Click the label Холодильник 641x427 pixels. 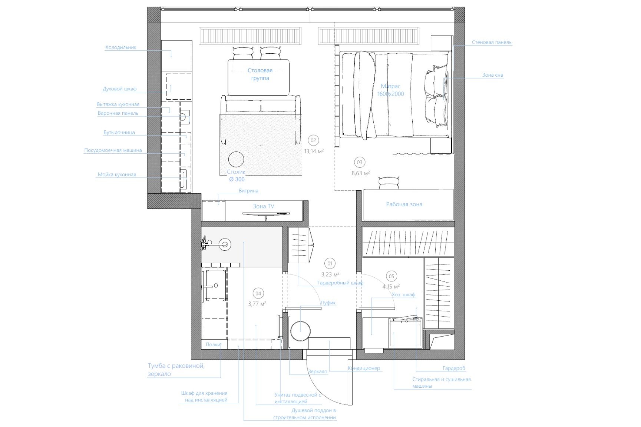point(120,47)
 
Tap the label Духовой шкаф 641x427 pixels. point(119,89)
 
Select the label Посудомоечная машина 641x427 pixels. point(113,150)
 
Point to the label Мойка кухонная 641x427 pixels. point(117,174)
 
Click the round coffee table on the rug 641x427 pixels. point(236,160)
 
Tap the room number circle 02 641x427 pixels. point(314,140)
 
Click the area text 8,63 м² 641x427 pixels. point(360,173)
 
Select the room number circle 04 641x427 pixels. point(258,294)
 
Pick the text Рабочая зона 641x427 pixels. point(404,204)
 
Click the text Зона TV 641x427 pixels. point(264,206)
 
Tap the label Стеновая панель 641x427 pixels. point(492,42)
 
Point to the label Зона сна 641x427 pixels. point(492,75)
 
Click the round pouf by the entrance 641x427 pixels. point(300,330)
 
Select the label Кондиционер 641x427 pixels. point(364,368)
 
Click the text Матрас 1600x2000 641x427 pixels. point(391,90)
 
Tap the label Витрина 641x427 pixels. point(248,191)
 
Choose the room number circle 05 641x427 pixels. point(391,276)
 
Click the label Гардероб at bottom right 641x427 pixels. point(454,368)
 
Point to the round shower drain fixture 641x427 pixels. point(225,244)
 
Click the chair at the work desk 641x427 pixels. point(389,183)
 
